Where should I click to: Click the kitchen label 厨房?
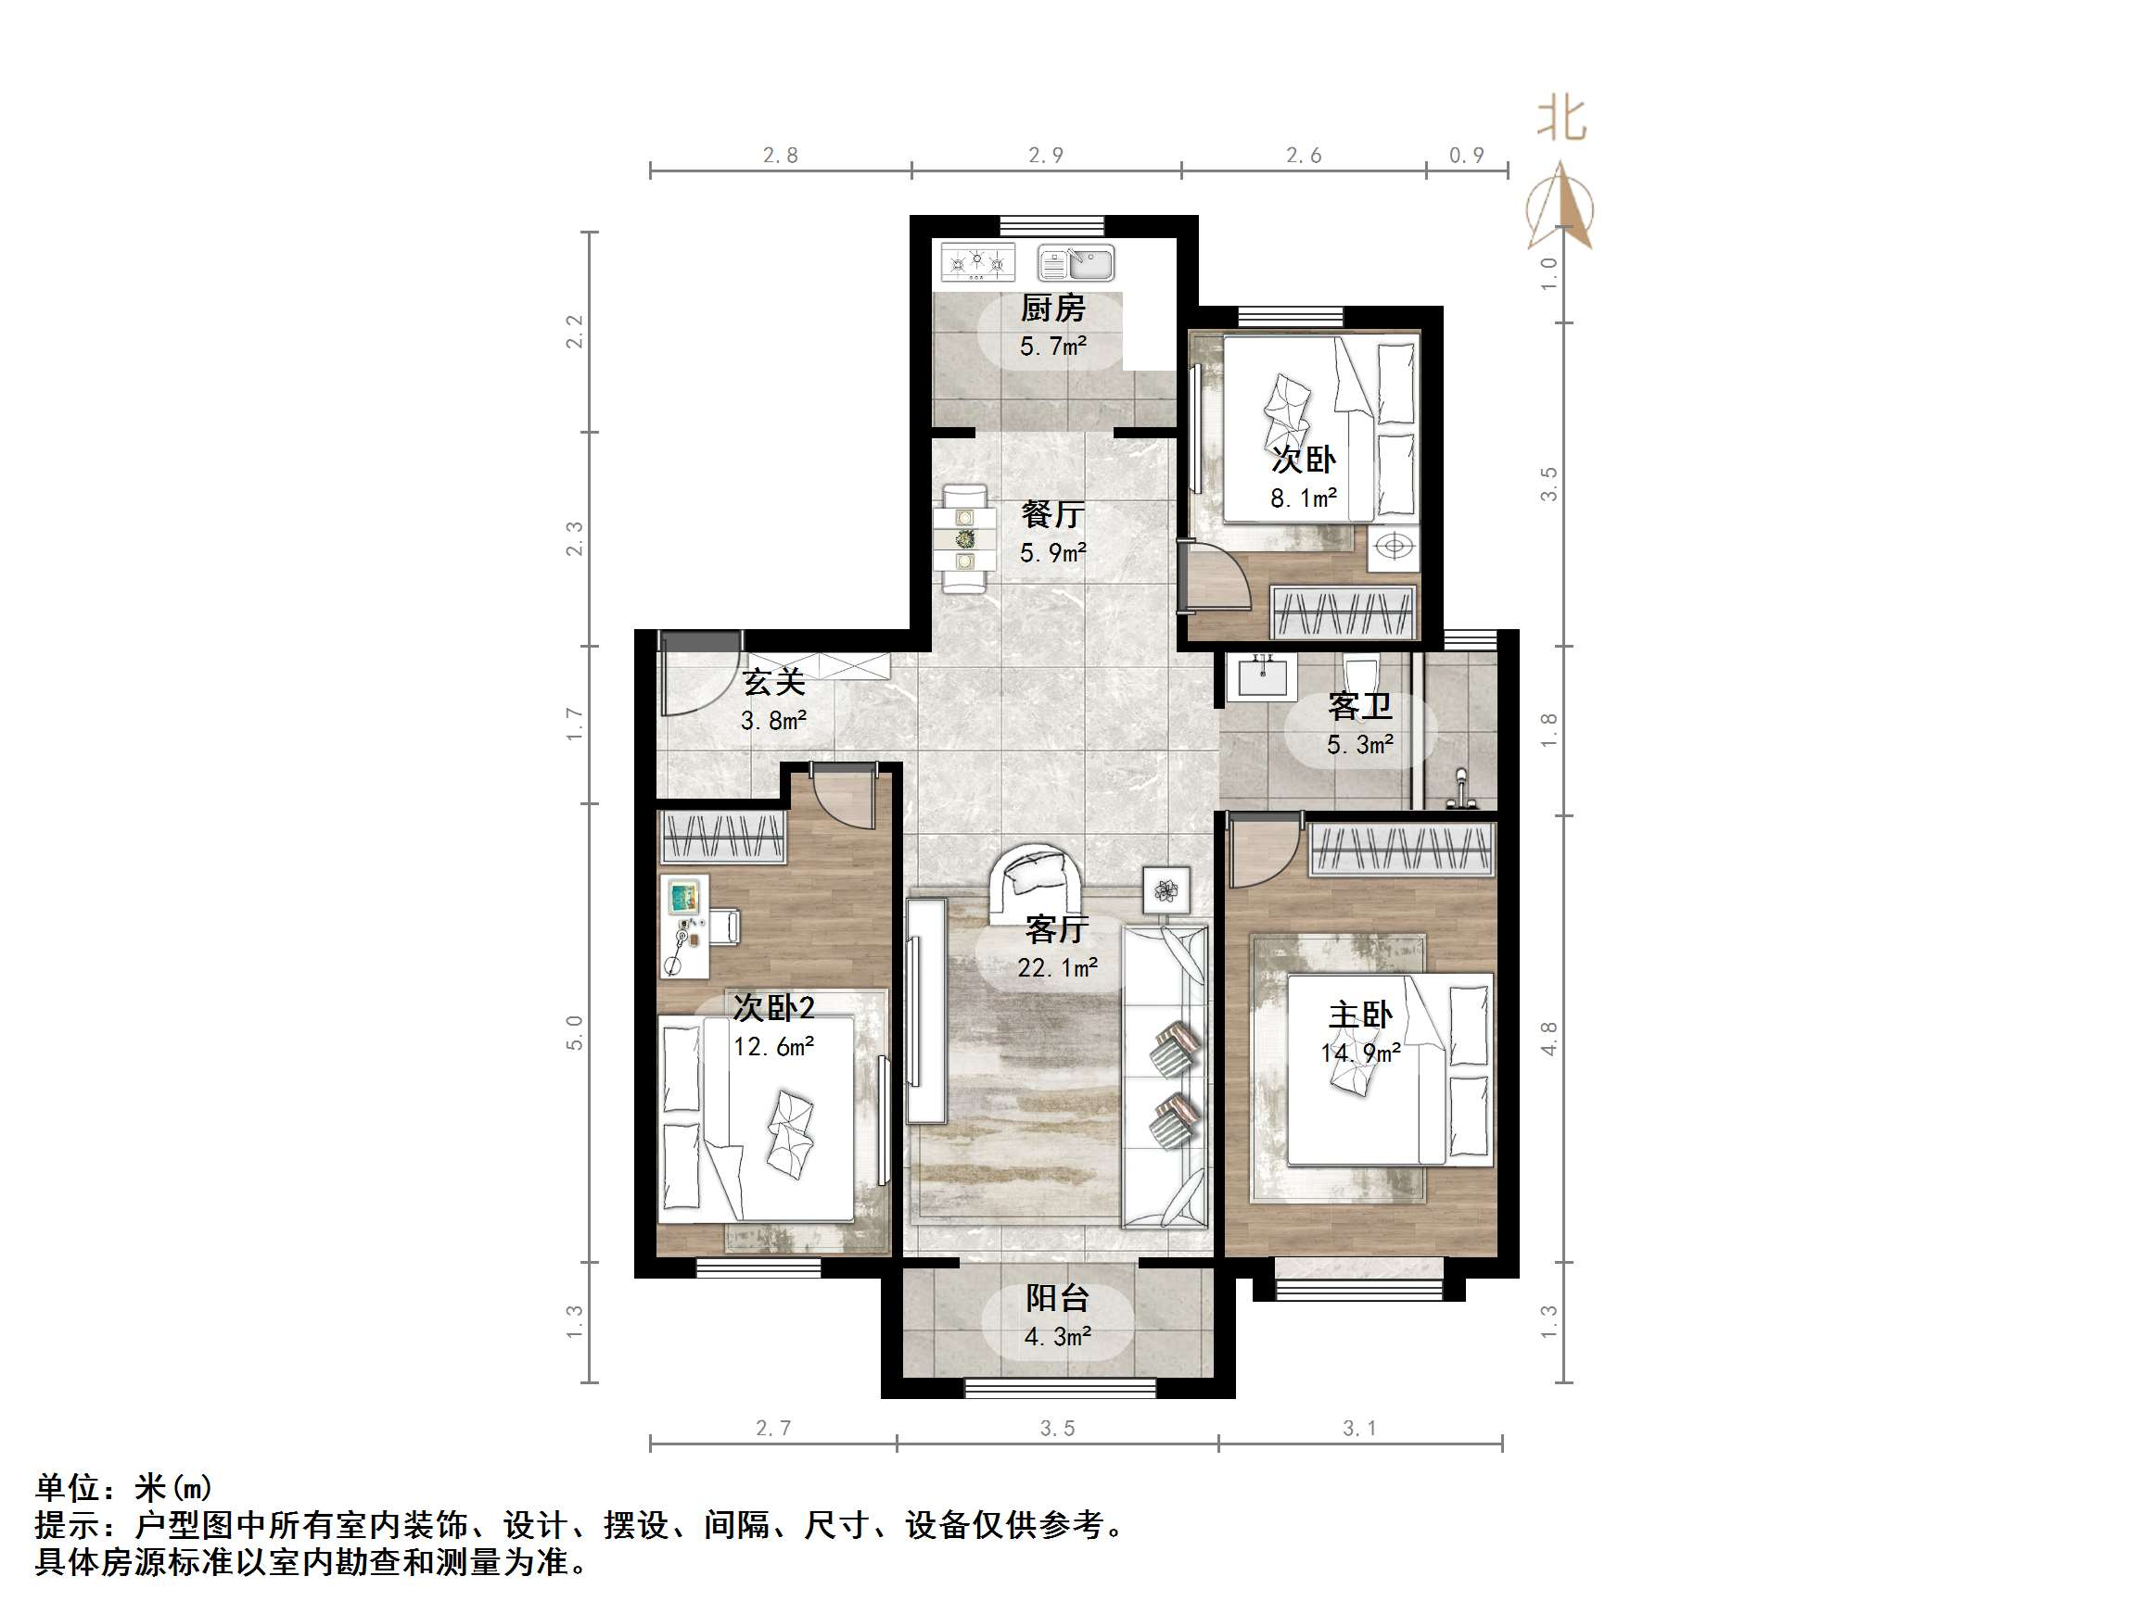point(1052,309)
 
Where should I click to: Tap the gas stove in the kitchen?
point(977,263)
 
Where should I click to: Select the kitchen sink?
point(1076,263)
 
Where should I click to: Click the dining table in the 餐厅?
point(964,539)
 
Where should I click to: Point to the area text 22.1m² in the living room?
point(1057,968)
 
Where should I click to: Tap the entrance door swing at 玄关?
point(693,681)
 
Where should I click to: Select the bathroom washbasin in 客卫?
point(1262,676)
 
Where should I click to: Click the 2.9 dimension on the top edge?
point(1046,156)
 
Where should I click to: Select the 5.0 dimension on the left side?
point(574,1032)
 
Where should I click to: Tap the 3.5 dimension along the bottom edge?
point(1057,1429)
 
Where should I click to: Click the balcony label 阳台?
point(1057,1298)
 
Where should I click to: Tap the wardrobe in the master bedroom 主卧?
point(1402,850)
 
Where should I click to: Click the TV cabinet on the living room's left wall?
point(926,1010)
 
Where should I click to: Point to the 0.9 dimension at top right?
point(1467,156)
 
